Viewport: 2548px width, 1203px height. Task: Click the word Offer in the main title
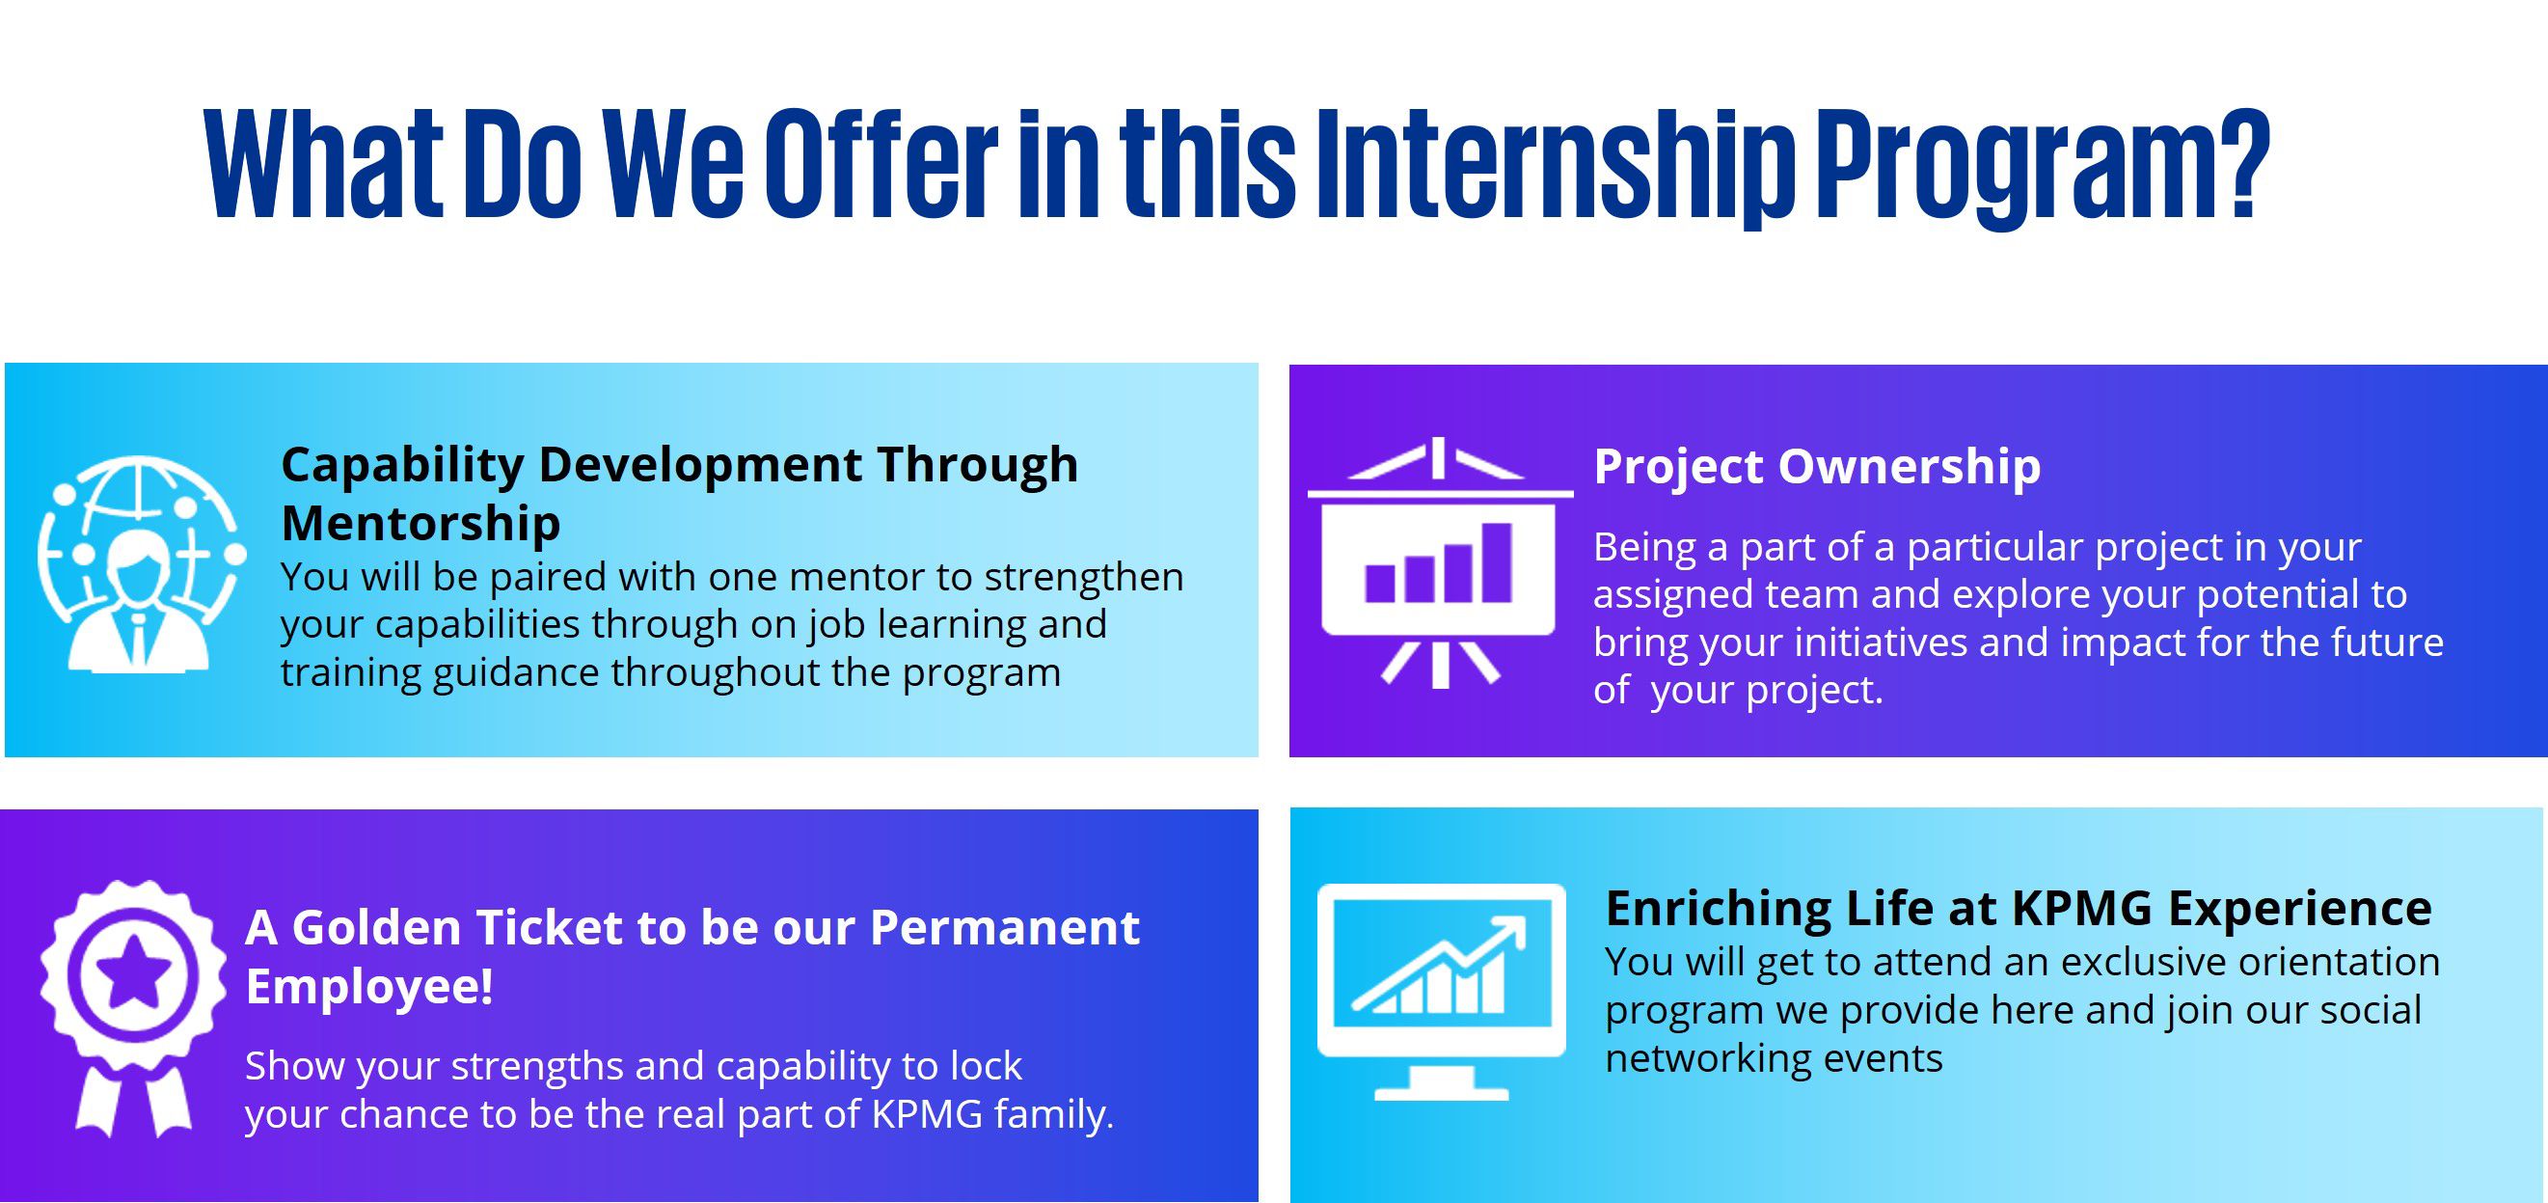[x=881, y=164]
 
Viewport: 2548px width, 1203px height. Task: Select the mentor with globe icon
[x=142, y=564]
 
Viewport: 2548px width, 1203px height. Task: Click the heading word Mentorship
[x=420, y=523]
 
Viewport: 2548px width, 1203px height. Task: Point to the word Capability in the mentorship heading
[x=402, y=466]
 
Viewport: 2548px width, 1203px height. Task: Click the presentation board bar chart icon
[x=1439, y=561]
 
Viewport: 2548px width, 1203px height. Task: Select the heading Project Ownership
[x=1817, y=467]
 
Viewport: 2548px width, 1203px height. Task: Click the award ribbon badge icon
[x=133, y=1007]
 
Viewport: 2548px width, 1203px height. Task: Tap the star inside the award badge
[x=133, y=973]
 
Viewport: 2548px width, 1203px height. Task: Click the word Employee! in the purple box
[x=369, y=986]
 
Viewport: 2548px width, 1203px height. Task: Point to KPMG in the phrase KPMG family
[x=927, y=1114]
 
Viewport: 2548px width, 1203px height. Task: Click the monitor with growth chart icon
[x=1441, y=993]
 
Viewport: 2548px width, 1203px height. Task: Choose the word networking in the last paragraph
[x=1707, y=1058]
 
